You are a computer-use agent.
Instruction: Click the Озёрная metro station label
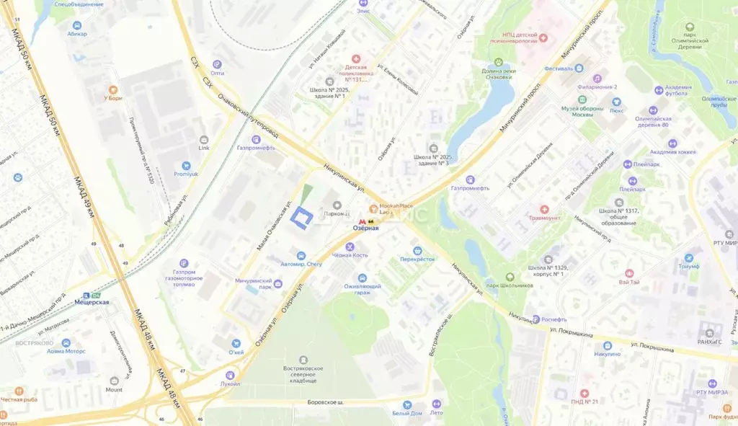365,228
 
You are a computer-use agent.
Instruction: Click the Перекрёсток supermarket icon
417,250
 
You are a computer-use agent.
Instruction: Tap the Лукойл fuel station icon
230,375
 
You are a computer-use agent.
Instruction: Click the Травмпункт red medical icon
544,209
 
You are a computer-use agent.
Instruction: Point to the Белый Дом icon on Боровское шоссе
407,404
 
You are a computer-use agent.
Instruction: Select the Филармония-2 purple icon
597,78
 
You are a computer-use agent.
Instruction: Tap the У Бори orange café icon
111,90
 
